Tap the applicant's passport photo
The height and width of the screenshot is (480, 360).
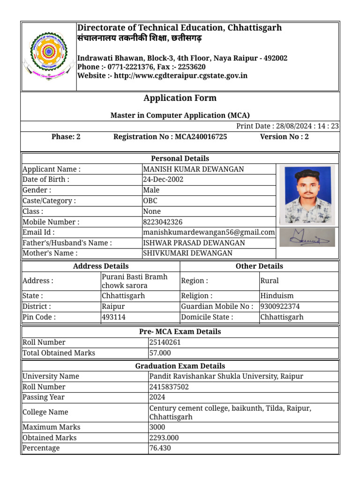click(x=307, y=195)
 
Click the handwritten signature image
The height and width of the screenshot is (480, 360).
click(x=307, y=238)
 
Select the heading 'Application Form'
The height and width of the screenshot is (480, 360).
click(x=180, y=98)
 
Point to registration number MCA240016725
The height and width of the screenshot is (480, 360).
click(x=201, y=137)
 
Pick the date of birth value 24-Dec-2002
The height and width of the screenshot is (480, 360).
click(x=163, y=180)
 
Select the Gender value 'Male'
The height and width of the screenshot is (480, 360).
click(x=151, y=190)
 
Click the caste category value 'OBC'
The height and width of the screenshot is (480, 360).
click(x=150, y=201)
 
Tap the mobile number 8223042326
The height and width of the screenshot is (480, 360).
click(x=163, y=222)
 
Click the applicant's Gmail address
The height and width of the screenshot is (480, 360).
click(x=209, y=232)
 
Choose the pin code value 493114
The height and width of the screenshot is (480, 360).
click(x=113, y=317)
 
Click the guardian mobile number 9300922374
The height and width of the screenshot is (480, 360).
click(x=280, y=307)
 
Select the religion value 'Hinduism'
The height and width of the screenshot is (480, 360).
click(x=277, y=296)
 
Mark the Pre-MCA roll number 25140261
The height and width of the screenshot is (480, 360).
click(x=165, y=342)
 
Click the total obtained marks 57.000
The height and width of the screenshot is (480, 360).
click(x=160, y=353)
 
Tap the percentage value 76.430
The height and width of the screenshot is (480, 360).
click(x=160, y=448)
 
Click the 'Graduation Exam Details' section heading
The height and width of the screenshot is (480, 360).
click(x=180, y=366)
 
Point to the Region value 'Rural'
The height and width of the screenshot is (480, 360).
click(x=270, y=281)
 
